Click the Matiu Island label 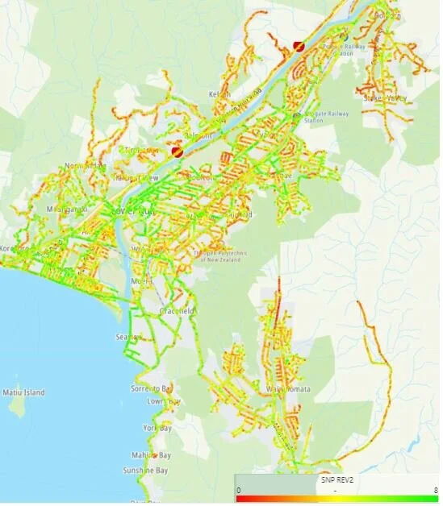(23, 392)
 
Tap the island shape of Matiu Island (18, 406)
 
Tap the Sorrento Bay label (152, 388)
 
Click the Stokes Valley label (385, 98)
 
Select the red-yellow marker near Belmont (178, 150)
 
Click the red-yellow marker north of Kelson (299, 47)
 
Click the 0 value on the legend (239, 490)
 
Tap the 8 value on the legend (436, 490)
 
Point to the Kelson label (219, 94)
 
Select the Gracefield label (177, 310)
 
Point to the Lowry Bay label (159, 400)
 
